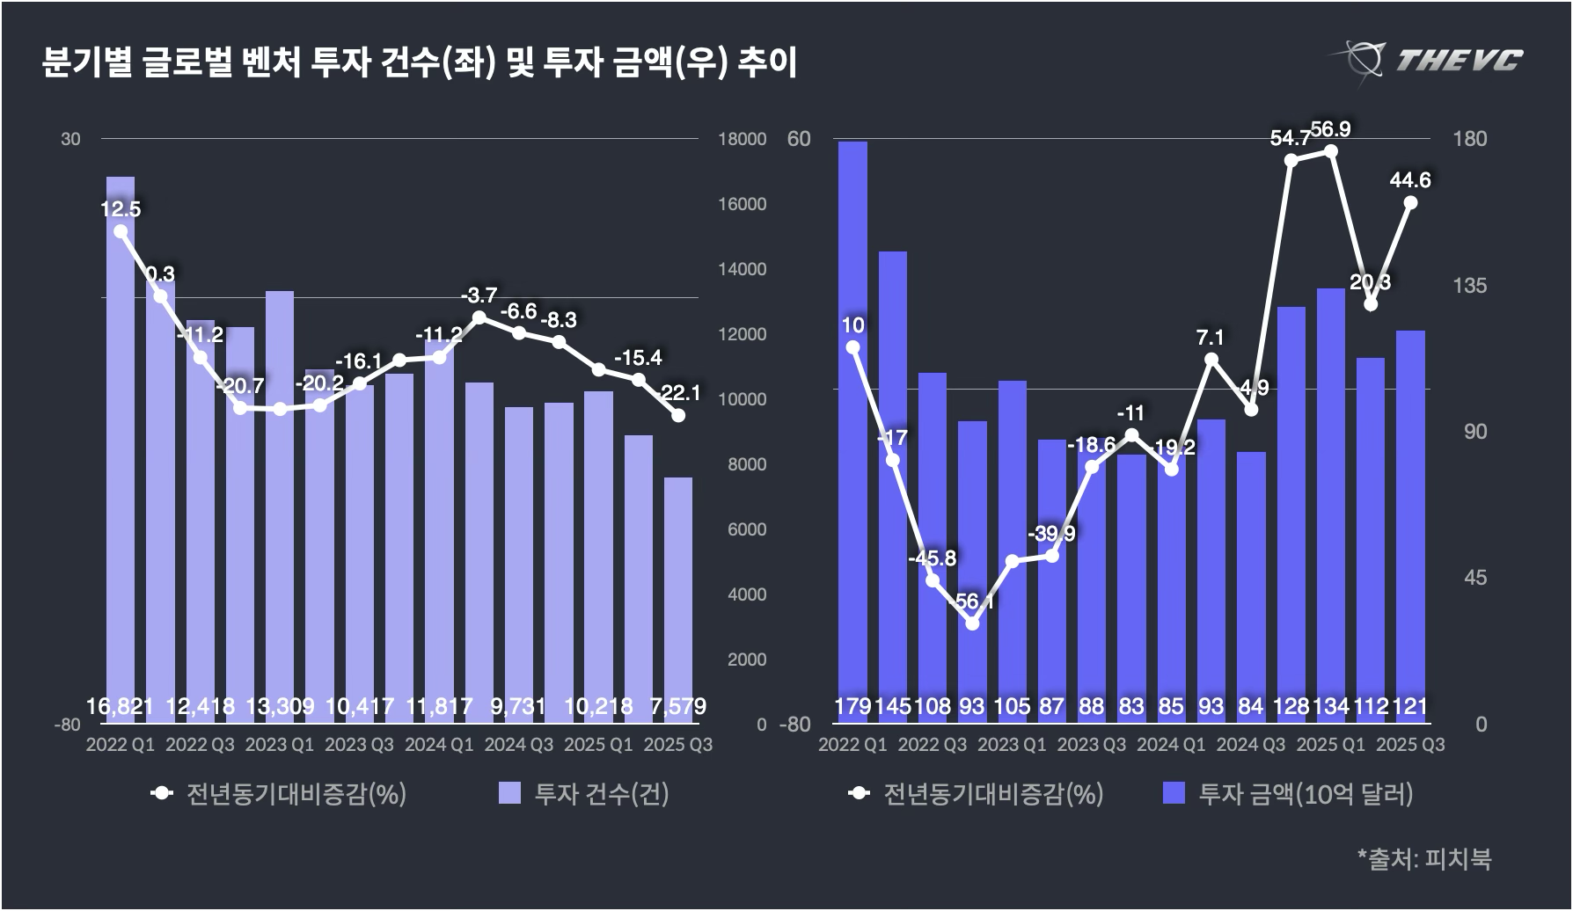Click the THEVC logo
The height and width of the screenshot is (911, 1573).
coord(1426,59)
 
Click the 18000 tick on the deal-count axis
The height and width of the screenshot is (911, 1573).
coord(742,139)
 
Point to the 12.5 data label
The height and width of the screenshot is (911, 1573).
coord(121,209)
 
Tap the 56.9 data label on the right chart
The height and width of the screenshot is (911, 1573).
coord(1330,130)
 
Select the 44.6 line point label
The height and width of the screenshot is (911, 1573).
coord(1409,180)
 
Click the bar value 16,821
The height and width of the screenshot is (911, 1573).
coord(121,706)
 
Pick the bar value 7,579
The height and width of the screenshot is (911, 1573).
coord(677,706)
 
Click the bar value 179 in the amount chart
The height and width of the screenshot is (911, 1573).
coord(852,706)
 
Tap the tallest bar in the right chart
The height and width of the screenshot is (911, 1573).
coord(852,422)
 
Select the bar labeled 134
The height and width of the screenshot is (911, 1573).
coord(1330,492)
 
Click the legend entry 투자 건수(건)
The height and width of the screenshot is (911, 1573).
coord(584,794)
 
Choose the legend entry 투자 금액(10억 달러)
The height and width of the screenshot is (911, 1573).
coord(1288,794)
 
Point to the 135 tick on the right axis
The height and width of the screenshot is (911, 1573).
coord(1469,286)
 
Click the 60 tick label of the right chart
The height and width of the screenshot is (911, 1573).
coord(799,139)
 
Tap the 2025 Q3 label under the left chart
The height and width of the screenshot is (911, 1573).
coord(677,745)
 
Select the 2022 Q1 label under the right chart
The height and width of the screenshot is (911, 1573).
coord(852,745)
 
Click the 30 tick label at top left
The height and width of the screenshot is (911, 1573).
coord(70,139)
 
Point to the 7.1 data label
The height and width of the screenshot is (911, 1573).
coord(1211,338)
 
